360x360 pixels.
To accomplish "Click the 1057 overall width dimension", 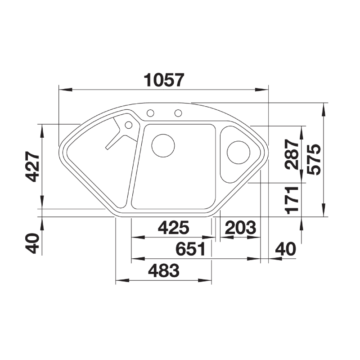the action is pyautogui.click(x=164, y=80).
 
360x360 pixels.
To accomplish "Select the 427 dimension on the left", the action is pyautogui.click(x=32, y=166).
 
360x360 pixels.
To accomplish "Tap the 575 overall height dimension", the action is pyautogui.click(x=314, y=160).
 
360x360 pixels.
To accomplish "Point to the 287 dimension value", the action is pyautogui.click(x=292, y=154).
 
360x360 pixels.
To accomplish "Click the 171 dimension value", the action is pyautogui.click(x=292, y=200).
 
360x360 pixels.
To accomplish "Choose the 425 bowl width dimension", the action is pyautogui.click(x=174, y=228).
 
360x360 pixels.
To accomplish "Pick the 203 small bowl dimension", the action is pyautogui.click(x=240, y=228).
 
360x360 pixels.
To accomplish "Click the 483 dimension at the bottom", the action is pyautogui.click(x=164, y=270).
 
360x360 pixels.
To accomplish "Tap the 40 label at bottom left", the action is pyautogui.click(x=32, y=243).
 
